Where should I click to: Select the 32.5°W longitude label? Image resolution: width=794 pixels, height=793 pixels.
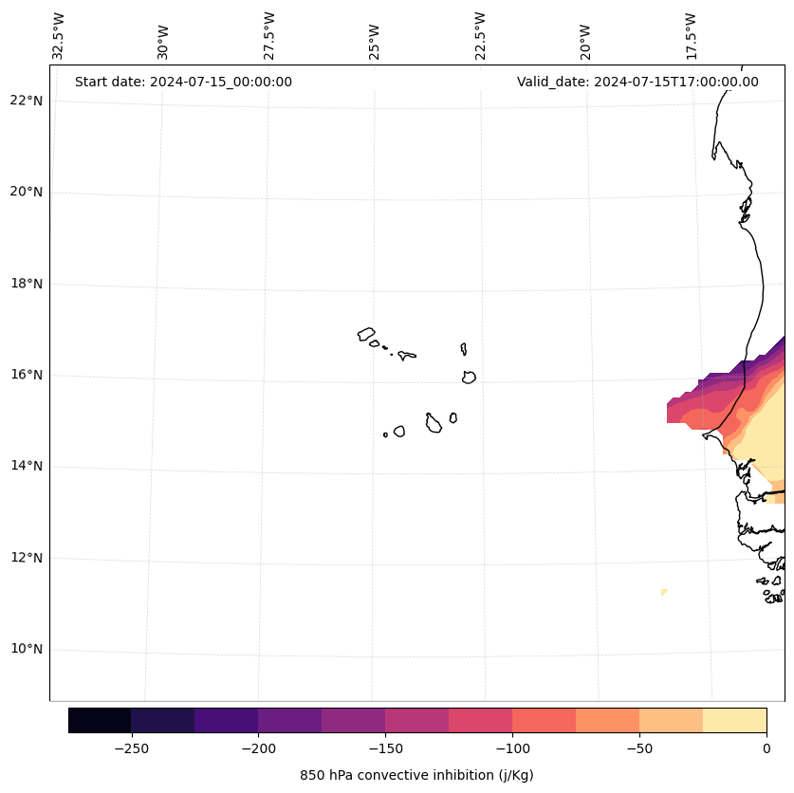(x=58, y=36)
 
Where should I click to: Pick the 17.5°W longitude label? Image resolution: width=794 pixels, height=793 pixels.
(x=691, y=36)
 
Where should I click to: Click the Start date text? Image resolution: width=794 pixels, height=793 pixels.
(x=183, y=82)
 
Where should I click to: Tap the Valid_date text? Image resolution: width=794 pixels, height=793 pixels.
(x=637, y=82)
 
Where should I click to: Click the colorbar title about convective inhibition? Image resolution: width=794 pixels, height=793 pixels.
(x=416, y=775)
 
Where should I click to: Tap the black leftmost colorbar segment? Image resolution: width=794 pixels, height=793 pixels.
(x=100, y=720)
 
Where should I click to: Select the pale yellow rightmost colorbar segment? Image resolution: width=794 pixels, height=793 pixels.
(x=734, y=720)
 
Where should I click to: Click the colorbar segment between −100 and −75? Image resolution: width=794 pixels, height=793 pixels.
(x=544, y=720)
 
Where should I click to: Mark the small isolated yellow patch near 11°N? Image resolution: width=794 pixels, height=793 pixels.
(x=664, y=592)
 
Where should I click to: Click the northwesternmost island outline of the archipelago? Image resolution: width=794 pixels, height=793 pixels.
(x=366, y=334)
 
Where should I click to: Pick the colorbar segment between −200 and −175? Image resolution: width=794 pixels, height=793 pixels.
(x=289, y=720)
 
